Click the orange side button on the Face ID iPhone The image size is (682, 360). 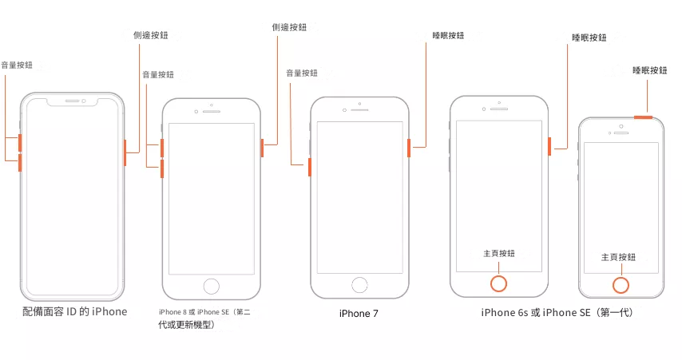tap(125, 152)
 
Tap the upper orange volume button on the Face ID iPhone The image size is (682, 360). tap(20, 143)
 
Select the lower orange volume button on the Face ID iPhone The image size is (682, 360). tap(20, 163)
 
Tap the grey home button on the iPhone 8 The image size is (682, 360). tap(212, 285)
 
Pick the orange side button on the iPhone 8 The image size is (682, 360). tap(262, 147)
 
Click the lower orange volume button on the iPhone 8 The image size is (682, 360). tap(162, 168)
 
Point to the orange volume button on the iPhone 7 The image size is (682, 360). tap(309, 167)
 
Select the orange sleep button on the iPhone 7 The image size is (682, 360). tap(409, 148)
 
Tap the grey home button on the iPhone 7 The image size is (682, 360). tap(360, 284)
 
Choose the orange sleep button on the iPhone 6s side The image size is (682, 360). tap(549, 147)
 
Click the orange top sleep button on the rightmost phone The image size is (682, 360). tap(644, 117)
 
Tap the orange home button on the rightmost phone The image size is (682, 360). tap(620, 284)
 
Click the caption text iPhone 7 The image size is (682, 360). tap(359, 314)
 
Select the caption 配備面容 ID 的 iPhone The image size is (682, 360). tap(74, 311)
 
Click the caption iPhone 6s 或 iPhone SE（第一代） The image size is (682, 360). tap(557, 313)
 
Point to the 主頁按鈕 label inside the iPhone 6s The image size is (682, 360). tap(499, 253)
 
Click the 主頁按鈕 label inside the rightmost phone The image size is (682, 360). tap(618, 257)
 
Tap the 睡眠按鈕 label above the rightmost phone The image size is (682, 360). tap(649, 70)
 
